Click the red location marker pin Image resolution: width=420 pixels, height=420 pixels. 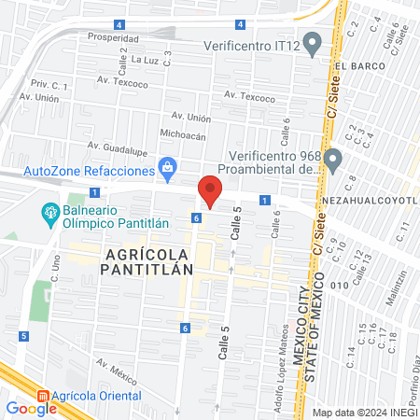210,190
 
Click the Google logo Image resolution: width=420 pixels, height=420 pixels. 31,408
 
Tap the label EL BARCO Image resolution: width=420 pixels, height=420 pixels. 356,66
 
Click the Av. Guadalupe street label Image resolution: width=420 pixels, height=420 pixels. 118,147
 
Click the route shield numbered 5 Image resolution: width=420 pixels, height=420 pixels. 22,335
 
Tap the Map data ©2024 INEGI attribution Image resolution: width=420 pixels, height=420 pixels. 365,412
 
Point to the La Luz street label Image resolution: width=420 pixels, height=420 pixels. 146,58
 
